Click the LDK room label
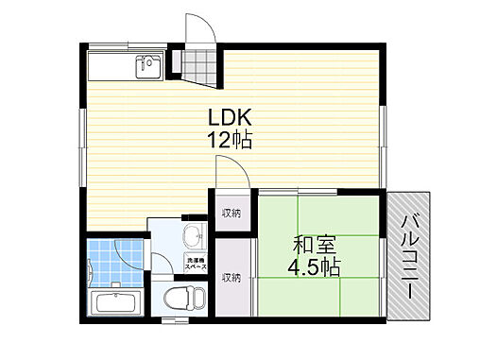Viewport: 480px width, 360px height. point(229,121)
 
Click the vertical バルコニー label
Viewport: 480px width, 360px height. point(409,256)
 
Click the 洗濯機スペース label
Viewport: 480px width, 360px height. point(196,266)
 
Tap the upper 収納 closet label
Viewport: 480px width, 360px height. point(231,214)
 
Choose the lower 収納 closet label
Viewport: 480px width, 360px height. point(231,277)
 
